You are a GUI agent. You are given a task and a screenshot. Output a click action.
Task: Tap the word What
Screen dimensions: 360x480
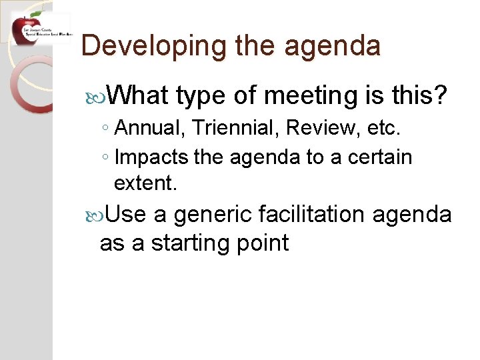coord(137,96)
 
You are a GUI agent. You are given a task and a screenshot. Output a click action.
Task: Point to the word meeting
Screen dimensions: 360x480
coord(313,96)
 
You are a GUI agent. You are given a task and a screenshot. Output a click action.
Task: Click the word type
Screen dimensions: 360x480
coord(201,96)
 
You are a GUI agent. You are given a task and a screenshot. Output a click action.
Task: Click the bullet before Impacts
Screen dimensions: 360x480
coord(106,159)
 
